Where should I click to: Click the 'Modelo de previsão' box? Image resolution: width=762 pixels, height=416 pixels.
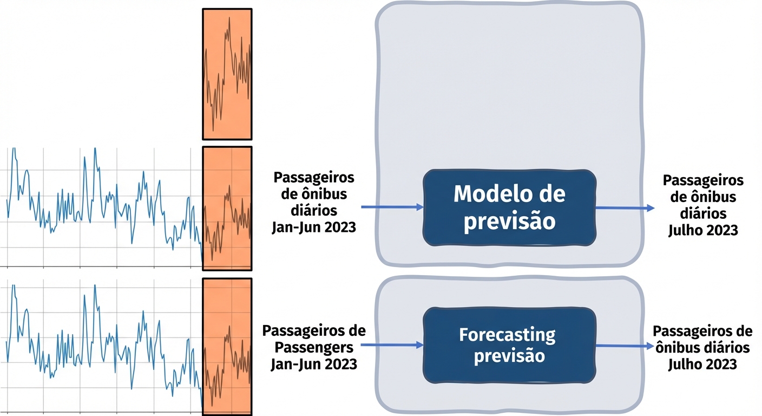click(x=509, y=208)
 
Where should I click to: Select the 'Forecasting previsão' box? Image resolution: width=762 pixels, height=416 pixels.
click(x=509, y=346)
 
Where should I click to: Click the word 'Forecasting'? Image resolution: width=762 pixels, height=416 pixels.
click(x=507, y=335)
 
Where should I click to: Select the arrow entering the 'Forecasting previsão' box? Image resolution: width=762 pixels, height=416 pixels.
click(x=391, y=344)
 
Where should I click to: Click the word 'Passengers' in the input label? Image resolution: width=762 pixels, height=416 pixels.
click(x=316, y=347)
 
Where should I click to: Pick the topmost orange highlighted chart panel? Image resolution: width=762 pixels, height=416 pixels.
click(x=227, y=74)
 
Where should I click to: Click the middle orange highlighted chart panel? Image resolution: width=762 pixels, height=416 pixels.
click(x=227, y=209)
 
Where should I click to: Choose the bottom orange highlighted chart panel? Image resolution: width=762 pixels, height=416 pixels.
click(x=227, y=347)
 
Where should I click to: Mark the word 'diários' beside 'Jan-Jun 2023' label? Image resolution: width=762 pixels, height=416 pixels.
click(x=314, y=210)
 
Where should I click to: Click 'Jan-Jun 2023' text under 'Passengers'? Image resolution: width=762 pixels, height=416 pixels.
click(x=314, y=363)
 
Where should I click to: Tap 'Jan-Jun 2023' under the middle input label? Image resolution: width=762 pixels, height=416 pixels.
click(x=314, y=227)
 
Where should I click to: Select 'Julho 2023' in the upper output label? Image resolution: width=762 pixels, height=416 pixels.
click(x=703, y=230)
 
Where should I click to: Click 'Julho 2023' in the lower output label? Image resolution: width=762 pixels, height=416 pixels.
click(x=702, y=364)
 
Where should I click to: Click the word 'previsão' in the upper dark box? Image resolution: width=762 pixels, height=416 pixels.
click(x=509, y=222)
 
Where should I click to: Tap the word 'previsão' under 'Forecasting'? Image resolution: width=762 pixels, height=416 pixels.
click(x=509, y=357)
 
